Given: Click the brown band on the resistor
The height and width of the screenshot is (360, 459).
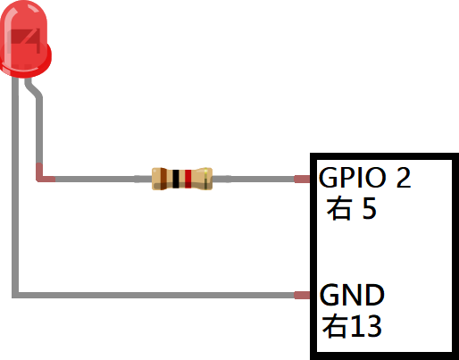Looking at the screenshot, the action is [163, 179].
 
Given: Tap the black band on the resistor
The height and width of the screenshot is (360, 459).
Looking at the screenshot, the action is [176, 179].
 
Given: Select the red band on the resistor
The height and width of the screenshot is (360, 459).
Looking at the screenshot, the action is [188, 179].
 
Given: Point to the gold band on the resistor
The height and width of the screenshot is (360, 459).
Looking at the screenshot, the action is [205, 179].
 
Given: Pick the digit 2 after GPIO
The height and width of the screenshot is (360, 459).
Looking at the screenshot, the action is [404, 178].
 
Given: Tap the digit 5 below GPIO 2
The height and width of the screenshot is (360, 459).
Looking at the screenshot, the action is [370, 208].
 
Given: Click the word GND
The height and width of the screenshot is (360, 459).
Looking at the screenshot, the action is [352, 295].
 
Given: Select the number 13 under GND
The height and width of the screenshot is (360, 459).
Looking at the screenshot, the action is [365, 326].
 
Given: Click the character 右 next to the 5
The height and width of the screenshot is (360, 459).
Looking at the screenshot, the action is [338, 209].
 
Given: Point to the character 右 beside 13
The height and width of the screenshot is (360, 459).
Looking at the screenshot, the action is [335, 326].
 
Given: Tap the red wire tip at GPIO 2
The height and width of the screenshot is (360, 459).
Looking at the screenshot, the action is [302, 179].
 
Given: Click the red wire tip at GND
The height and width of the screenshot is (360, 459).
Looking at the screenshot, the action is [302, 295].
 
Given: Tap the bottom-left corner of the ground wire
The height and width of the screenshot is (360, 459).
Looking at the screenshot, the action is [15, 295].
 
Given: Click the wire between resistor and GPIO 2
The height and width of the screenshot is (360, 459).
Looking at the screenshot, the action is [253, 179].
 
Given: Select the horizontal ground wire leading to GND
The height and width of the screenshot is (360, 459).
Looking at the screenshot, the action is [154, 295].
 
